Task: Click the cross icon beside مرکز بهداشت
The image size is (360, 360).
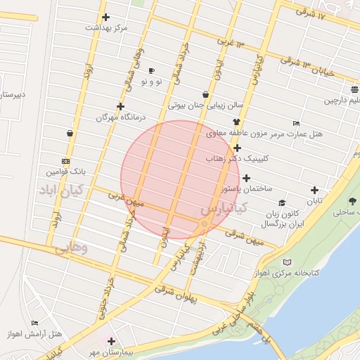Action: (x=105, y=18)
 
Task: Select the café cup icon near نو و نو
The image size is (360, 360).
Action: (x=151, y=71)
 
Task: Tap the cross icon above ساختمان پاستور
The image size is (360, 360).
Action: (x=246, y=178)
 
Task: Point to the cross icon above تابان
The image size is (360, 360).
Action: (x=314, y=189)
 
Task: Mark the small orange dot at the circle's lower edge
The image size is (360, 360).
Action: (x=205, y=224)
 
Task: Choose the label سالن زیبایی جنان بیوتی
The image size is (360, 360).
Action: (x=206, y=105)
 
